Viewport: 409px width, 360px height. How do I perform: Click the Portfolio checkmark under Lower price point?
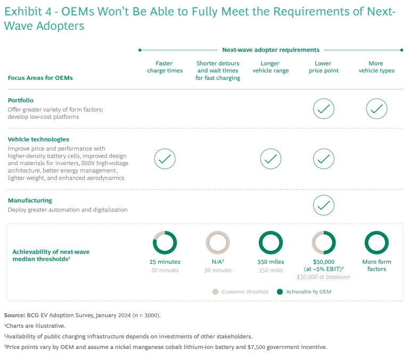324,109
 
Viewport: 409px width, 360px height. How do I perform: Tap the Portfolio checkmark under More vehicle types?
377,109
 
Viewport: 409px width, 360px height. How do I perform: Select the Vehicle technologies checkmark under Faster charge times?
165,158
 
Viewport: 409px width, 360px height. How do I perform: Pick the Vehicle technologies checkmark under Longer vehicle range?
271,158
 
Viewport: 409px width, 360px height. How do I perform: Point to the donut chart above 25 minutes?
165,242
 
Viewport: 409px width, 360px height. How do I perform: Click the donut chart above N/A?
218,242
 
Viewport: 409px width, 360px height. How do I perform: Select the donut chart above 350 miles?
271,242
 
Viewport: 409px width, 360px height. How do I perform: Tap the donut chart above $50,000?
324,242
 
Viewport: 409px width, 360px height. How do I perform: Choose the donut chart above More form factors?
377,242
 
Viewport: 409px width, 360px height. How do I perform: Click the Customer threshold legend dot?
215,291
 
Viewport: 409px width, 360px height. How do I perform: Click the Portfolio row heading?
21,100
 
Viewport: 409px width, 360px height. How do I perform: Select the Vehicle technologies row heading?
38,140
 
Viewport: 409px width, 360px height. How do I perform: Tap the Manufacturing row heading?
30,200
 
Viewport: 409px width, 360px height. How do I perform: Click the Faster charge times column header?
165,67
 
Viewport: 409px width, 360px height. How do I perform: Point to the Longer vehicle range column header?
271,67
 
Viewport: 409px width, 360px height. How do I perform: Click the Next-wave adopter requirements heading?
271,50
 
